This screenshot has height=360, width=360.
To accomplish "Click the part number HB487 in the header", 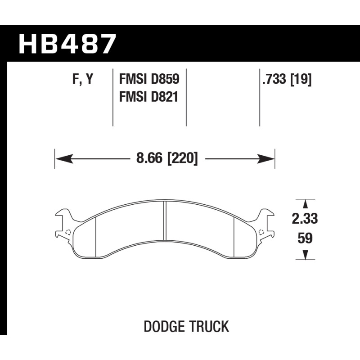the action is click(67, 44).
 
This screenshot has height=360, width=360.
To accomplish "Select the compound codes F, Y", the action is click(83, 79).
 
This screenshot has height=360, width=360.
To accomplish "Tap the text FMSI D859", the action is click(149, 79).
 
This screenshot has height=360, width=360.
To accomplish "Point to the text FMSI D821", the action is click(148, 96).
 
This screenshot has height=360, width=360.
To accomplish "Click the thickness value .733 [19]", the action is click(287, 80).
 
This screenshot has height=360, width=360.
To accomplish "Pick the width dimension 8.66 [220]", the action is click(166, 158).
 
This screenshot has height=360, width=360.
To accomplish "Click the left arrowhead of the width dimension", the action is click(64, 158).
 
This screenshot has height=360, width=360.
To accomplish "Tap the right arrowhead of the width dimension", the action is click(266, 158).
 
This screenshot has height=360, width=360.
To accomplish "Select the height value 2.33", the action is click(305, 218).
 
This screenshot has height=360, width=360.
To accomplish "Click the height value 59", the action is click(305, 238).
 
